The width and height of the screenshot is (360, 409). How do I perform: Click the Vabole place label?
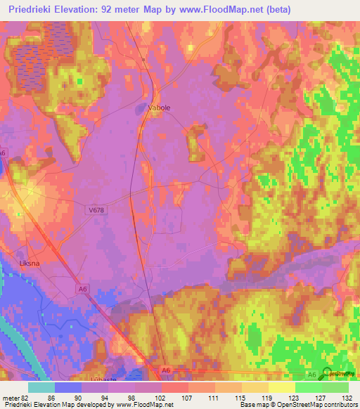coord(160,108)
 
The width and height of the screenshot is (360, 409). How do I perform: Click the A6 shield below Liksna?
coord(83,288)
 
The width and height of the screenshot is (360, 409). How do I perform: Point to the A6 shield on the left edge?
coord(3,152)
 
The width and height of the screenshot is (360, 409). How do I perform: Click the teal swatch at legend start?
coord(41,387)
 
